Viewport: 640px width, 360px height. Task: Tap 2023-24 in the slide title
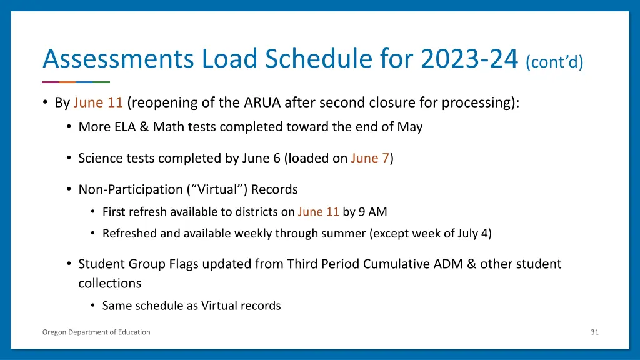coord(469,60)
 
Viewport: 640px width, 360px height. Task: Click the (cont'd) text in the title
coord(554,62)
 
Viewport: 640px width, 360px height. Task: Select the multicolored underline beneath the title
coord(76,82)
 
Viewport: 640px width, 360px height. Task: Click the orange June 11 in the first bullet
coord(97,102)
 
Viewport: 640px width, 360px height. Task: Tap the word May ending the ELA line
coord(410,127)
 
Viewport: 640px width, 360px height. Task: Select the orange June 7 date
coord(370,158)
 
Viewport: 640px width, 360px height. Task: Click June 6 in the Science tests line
coord(262,158)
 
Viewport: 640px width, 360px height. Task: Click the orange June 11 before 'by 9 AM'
coord(318,212)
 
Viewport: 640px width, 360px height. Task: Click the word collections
coord(110,283)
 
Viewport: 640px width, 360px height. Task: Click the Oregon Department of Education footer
coord(96,332)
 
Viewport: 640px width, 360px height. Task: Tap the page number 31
coord(594,332)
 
